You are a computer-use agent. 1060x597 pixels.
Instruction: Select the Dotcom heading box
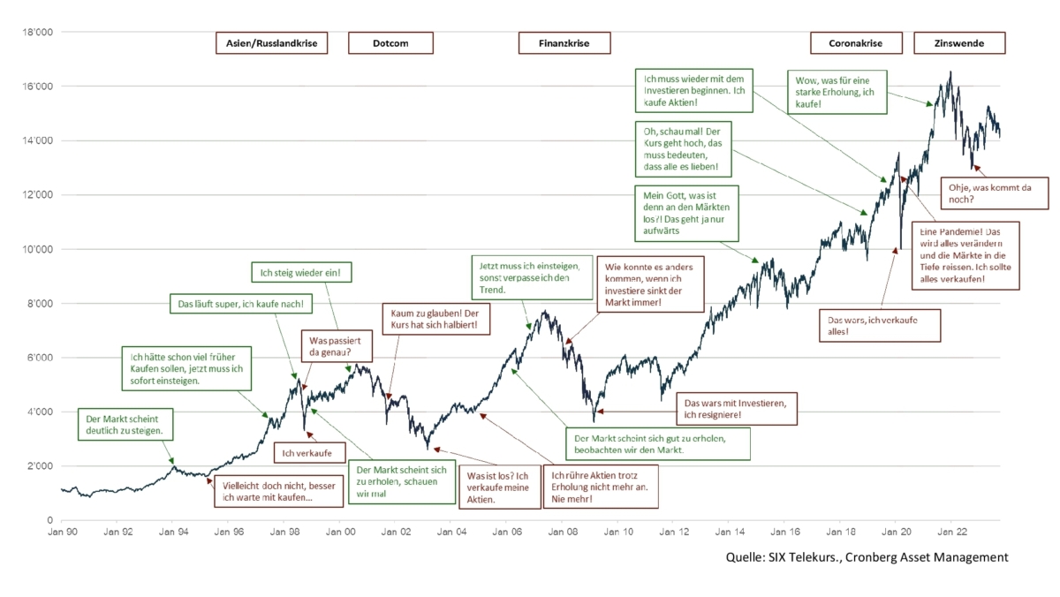pos(390,43)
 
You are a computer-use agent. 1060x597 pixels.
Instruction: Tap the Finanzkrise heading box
pos(564,43)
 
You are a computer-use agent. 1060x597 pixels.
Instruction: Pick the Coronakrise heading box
pos(855,43)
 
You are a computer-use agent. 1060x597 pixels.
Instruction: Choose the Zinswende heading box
pos(960,43)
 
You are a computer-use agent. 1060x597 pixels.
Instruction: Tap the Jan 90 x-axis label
pos(61,533)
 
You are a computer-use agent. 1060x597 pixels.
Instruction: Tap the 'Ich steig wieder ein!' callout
pos(301,274)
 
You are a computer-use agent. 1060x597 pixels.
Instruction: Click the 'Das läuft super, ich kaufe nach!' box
pos(240,305)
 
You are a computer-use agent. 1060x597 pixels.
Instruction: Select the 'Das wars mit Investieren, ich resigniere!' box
pos(737,407)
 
